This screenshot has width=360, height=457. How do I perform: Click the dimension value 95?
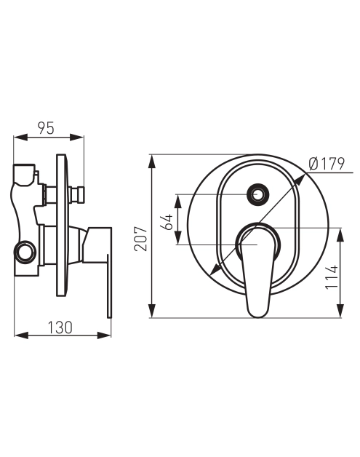47,128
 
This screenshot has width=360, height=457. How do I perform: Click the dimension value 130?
60,327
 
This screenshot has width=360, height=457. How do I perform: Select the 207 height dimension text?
140,239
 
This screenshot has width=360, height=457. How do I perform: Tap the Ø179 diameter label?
327,164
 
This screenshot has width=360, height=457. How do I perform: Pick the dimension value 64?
168,222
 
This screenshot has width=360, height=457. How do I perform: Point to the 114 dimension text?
332,277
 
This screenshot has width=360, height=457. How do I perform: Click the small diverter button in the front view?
257,194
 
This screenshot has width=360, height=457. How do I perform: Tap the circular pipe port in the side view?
25,253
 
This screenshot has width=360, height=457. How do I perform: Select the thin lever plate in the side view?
110,286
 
